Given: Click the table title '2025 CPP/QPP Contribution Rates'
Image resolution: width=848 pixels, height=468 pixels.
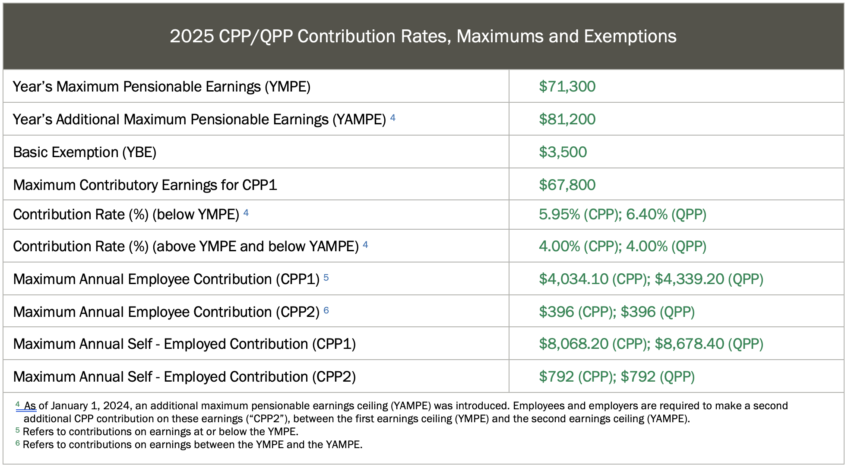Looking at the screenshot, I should point(423,36).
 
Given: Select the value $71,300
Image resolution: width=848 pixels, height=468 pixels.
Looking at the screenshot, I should point(567,87).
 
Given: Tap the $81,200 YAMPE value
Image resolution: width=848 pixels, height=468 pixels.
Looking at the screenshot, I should point(567,120).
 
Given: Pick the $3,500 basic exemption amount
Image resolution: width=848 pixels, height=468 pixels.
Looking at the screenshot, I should point(563,152).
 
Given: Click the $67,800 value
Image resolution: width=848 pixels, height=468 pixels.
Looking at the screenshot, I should point(567,185).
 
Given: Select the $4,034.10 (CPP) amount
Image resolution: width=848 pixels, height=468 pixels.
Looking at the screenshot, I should point(594,279).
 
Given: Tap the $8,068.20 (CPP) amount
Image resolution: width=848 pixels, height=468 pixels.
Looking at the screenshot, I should point(594,344).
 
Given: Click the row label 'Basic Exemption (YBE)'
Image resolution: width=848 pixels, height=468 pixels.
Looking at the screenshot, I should point(85,152).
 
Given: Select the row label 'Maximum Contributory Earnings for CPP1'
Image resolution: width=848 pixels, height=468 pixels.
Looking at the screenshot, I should point(145,185).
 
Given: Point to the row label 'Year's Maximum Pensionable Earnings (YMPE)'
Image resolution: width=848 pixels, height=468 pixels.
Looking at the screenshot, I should point(161,87).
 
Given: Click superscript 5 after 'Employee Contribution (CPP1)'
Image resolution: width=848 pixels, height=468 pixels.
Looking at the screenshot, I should point(326,278).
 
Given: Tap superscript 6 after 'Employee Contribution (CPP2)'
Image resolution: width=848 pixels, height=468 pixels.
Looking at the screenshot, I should point(326,310).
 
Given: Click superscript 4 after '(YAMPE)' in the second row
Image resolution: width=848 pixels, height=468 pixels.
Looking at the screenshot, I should point(393,117).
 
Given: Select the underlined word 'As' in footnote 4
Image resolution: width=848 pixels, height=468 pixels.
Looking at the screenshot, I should point(30,406).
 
